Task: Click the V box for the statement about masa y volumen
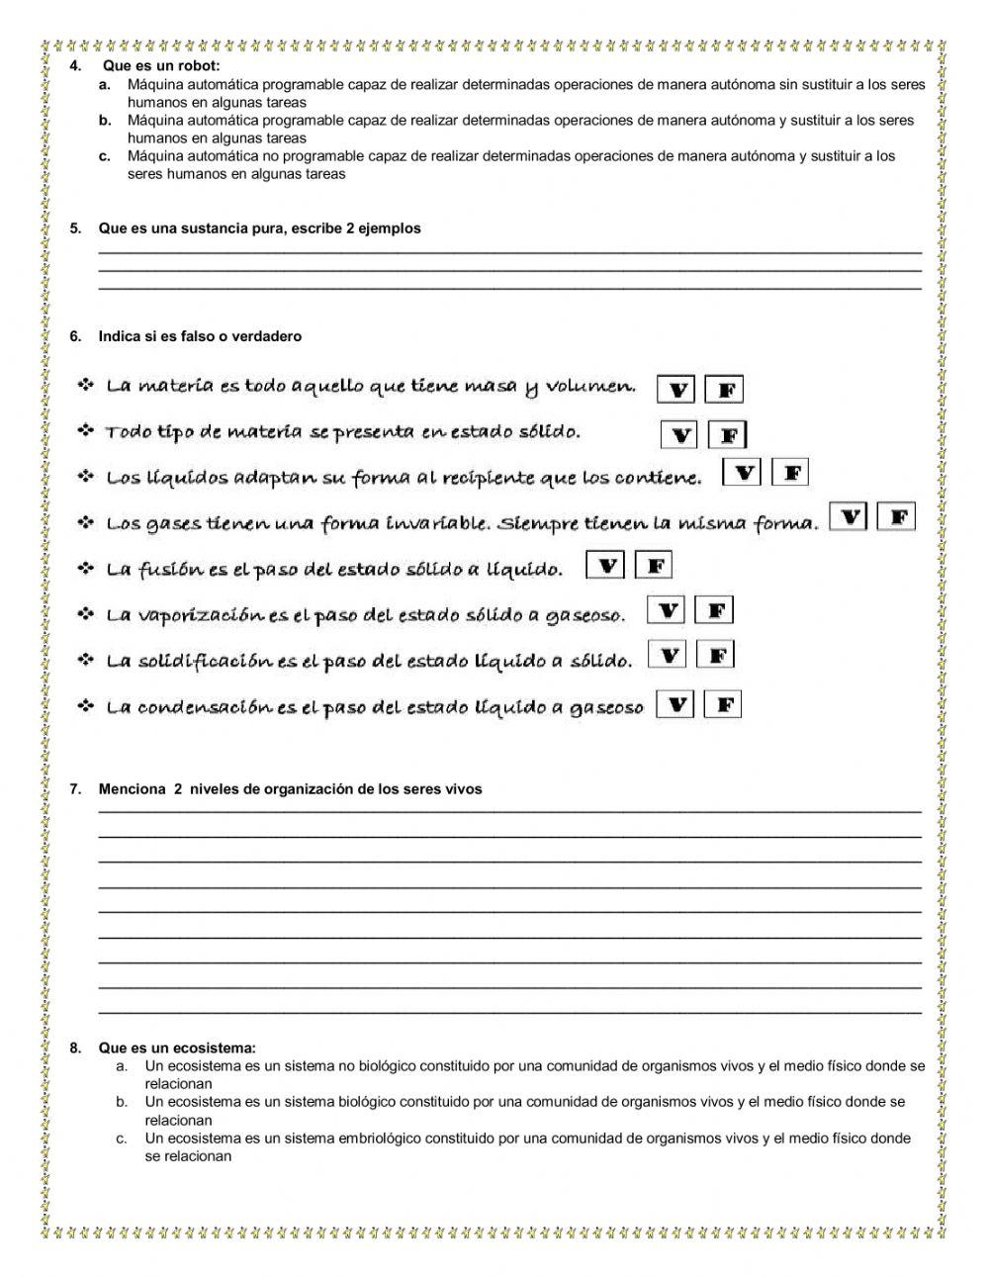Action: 676,390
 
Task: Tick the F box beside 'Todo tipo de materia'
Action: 728,435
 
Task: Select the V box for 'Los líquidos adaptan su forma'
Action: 742,474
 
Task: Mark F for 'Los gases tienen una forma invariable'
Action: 897,517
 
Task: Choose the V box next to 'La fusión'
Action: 605,566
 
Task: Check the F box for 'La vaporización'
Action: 714,610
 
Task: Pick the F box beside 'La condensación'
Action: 723,704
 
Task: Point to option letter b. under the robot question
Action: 104,120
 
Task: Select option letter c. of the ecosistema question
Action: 122,1139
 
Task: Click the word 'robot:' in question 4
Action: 202,66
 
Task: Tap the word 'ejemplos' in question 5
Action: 390,228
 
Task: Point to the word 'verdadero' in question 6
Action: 265,336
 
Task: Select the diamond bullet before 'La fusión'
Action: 86,569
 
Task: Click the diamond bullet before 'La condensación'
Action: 86,706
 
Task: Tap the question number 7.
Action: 75,789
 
